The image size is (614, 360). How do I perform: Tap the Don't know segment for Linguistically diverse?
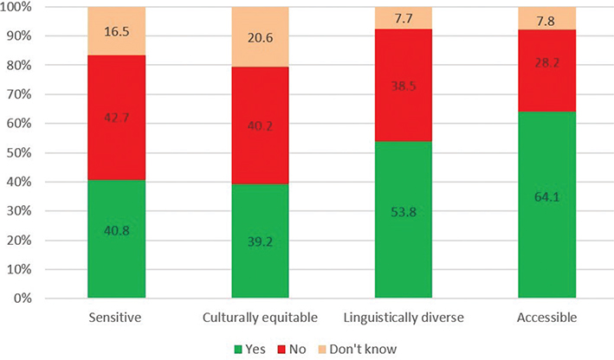tap(403, 16)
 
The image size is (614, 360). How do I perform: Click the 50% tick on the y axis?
tap(44, 153)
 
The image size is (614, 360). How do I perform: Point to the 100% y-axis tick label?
tap(42, 8)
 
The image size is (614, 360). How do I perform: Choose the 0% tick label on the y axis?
tap(47, 299)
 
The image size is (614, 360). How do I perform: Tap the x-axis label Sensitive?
tap(116, 318)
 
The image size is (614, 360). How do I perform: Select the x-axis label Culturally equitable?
tap(259, 318)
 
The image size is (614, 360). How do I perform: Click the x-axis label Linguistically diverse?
tap(403, 318)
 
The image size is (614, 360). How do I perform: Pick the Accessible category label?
tap(546, 318)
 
